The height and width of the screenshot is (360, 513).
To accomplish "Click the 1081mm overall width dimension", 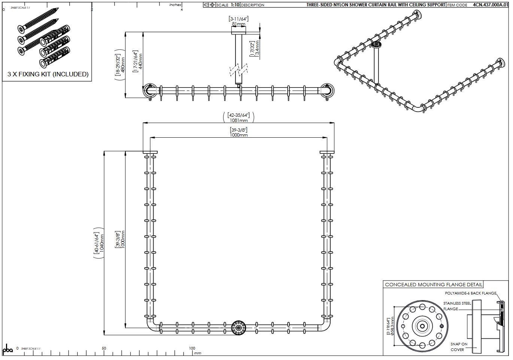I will pos(239,120).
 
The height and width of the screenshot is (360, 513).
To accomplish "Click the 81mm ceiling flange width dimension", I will pos(239,24).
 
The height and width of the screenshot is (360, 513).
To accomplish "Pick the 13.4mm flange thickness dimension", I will pos(257,49).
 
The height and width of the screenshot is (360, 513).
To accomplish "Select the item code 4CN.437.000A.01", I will pos(491,5).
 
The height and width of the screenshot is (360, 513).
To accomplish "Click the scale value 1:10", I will pos(235,5).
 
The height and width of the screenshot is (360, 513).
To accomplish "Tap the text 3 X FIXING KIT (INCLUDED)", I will pos(48,74).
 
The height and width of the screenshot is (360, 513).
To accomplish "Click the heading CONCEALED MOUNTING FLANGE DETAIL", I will pos(433,285).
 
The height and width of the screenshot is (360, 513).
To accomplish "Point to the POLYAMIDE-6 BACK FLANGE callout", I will pos(470,293).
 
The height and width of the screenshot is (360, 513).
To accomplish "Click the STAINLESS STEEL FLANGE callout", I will pos(456,306).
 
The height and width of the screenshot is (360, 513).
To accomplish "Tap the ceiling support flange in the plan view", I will pos(238,327).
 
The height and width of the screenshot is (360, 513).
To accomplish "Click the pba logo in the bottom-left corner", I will pos(7,349).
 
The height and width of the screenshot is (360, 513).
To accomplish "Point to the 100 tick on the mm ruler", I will pos(192,348).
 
